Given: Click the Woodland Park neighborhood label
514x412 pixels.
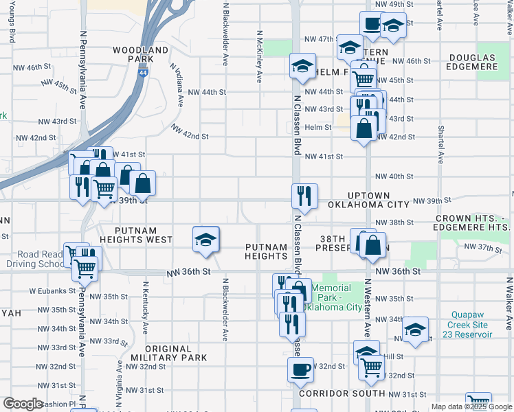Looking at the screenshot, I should pos(140,55).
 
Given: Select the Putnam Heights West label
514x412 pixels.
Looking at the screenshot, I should pos(135,235).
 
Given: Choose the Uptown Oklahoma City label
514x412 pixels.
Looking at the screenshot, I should pos(370,200).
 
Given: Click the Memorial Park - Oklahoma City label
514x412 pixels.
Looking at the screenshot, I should pos(337,297).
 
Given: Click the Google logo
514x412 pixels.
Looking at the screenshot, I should pos(23,404).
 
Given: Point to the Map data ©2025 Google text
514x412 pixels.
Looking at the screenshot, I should pos(471,407).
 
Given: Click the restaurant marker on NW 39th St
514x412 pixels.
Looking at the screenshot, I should pos(304,196).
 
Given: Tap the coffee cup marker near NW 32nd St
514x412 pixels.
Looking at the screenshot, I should pos(300,370).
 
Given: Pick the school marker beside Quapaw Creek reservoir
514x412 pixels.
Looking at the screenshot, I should pos(416,330).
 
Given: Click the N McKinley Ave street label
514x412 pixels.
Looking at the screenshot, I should pos(259,56).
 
